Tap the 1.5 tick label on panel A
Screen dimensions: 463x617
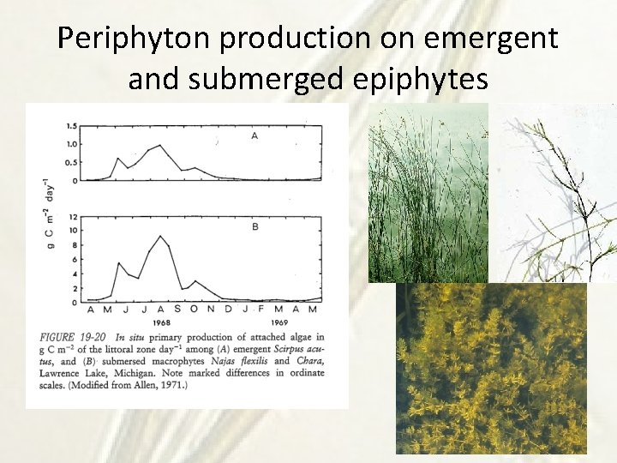pos(72,126)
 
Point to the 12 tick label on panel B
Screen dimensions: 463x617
pos(73,217)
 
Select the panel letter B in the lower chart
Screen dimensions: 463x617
pos(255,227)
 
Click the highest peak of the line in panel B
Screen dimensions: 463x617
pos(159,236)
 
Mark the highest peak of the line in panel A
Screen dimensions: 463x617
pos(160,146)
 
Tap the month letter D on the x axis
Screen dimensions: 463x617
pos(225,310)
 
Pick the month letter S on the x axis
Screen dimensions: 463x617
pos(177,310)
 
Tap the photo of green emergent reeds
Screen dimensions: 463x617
pos(428,193)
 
